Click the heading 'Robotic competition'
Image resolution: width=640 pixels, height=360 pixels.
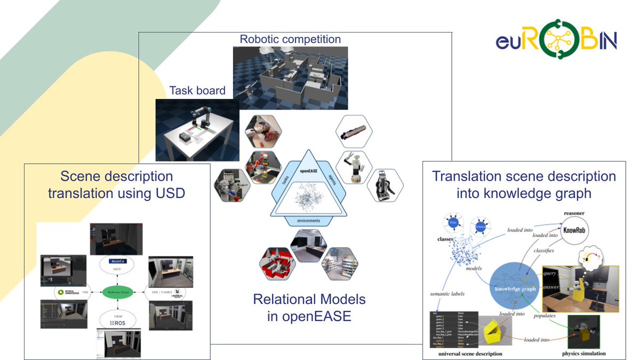click(x=290, y=39)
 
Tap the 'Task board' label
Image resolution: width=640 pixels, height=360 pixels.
click(x=197, y=91)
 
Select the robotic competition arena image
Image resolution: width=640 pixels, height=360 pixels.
click(x=290, y=77)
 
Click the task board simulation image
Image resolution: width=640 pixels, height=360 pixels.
click(x=194, y=130)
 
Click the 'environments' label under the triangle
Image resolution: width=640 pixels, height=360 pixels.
click(x=309, y=220)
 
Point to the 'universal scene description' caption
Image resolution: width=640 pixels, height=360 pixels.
click(x=470, y=353)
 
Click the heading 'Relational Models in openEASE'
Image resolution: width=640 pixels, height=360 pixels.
click(x=309, y=307)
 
